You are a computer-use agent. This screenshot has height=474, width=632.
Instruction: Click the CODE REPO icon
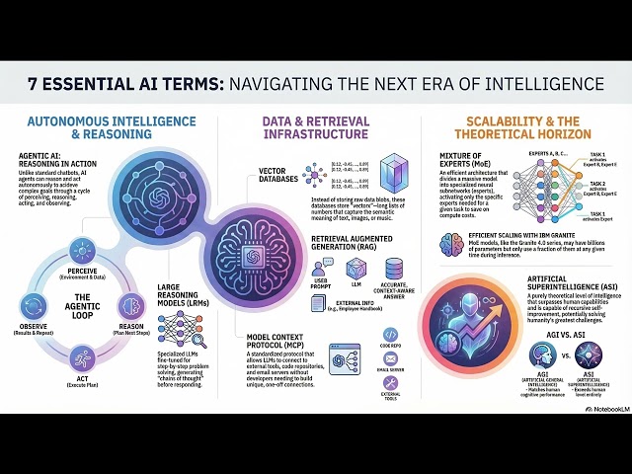pyautogui.click(x=389, y=336)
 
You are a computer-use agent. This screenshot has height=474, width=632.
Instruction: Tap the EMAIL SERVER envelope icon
pyautogui.click(x=389, y=361)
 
